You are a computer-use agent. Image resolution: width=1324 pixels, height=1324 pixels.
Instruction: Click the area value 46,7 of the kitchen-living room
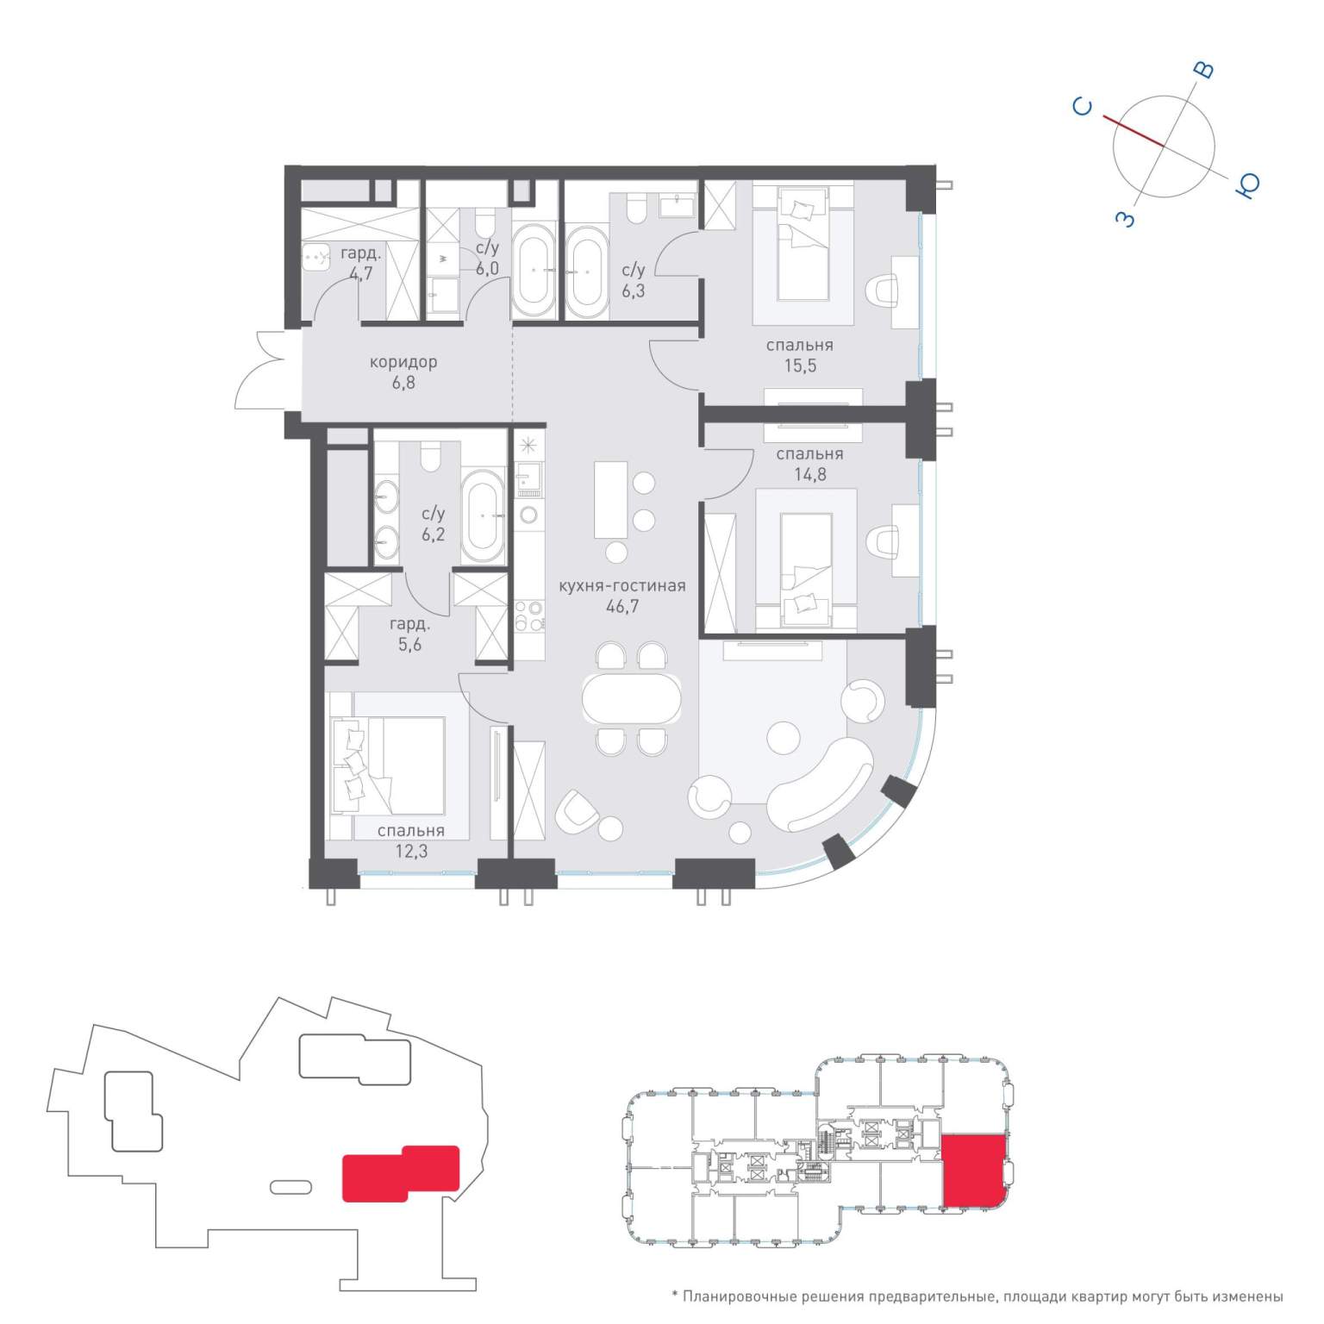point(622,607)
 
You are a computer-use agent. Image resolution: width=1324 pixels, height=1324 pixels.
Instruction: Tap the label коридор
point(403,362)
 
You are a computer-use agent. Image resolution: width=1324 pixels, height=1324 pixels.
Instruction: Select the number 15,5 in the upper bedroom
point(800,365)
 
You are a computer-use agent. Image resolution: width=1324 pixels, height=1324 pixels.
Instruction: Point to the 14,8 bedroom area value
point(810,474)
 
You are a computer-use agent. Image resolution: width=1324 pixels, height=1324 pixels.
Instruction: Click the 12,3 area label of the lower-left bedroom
point(411,852)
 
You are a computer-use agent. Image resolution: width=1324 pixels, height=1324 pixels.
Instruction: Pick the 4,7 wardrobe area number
point(361,274)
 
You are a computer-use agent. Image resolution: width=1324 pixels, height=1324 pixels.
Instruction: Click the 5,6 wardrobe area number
point(409,645)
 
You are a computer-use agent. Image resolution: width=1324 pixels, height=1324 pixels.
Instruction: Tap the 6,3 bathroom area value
point(634,291)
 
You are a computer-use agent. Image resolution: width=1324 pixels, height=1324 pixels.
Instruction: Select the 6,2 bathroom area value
point(434,535)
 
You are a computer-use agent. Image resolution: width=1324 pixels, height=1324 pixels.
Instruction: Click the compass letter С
point(1083,107)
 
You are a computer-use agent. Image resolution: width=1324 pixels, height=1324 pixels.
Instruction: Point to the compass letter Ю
point(1248,184)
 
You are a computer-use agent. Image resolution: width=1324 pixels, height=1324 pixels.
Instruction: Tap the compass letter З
point(1126,219)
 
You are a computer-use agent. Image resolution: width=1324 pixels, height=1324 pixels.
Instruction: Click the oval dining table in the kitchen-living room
point(632,698)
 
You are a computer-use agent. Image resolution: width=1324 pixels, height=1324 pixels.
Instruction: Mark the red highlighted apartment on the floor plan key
point(974,1171)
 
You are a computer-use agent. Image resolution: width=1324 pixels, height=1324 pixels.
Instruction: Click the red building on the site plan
point(401,1172)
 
